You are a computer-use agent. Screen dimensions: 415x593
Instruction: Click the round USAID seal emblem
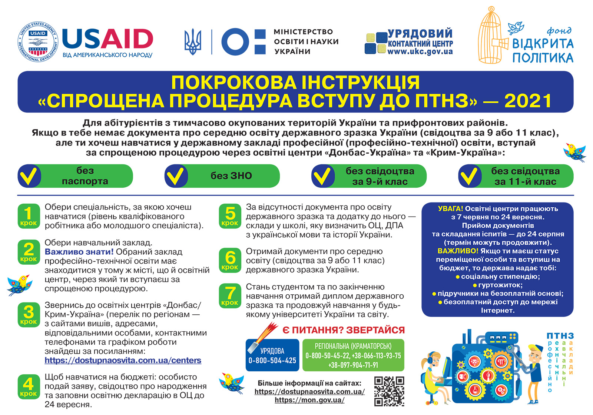(38, 41)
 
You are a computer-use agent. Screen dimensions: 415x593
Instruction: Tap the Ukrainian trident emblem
(193, 41)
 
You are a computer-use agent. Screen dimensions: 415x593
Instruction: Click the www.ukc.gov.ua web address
(420, 52)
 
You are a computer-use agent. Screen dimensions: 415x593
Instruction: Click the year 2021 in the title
(528, 101)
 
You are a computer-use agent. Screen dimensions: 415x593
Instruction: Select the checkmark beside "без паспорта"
(29, 176)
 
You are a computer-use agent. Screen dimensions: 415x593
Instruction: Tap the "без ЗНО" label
(231, 176)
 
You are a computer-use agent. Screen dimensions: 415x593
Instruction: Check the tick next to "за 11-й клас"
(470, 176)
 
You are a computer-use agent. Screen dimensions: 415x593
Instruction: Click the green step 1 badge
(29, 216)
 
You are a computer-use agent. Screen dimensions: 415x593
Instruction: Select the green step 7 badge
(230, 295)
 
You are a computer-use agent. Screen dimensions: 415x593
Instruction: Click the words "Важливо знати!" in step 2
(79, 252)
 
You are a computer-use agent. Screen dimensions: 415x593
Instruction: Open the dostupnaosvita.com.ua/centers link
(123, 360)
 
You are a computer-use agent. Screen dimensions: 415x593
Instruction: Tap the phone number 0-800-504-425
(272, 360)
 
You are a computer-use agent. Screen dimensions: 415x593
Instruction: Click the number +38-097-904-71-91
(353, 365)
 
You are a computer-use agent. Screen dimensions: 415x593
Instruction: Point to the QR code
(389, 391)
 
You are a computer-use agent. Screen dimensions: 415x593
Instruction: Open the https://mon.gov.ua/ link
(309, 400)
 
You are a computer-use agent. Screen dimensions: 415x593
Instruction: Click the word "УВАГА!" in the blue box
(450, 209)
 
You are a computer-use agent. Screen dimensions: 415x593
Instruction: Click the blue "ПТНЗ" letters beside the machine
(560, 336)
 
